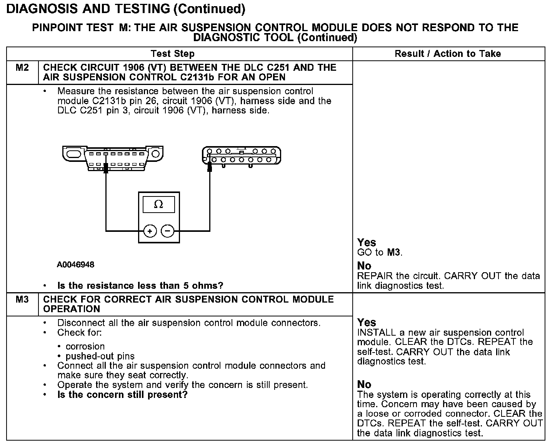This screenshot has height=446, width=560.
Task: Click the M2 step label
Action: (22, 68)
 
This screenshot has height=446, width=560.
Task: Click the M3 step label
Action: (22, 300)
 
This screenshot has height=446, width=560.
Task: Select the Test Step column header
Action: (173, 54)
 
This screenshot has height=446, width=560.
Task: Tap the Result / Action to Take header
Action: (448, 54)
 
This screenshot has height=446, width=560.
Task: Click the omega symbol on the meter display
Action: (158, 205)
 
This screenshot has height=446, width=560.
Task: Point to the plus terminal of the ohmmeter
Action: (150, 231)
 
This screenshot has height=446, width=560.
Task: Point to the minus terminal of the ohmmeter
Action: (167, 231)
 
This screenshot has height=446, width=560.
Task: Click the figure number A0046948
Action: (76, 265)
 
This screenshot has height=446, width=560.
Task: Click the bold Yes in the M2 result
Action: (367, 243)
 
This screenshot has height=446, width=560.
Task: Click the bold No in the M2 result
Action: (364, 266)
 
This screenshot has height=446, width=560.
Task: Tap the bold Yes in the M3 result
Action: (367, 323)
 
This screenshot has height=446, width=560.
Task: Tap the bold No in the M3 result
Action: (364, 384)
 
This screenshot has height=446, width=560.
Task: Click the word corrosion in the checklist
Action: (85, 346)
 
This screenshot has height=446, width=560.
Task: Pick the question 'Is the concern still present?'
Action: (122, 395)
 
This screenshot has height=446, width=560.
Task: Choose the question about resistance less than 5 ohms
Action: (140, 286)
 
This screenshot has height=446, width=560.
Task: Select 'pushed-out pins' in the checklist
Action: (100, 356)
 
